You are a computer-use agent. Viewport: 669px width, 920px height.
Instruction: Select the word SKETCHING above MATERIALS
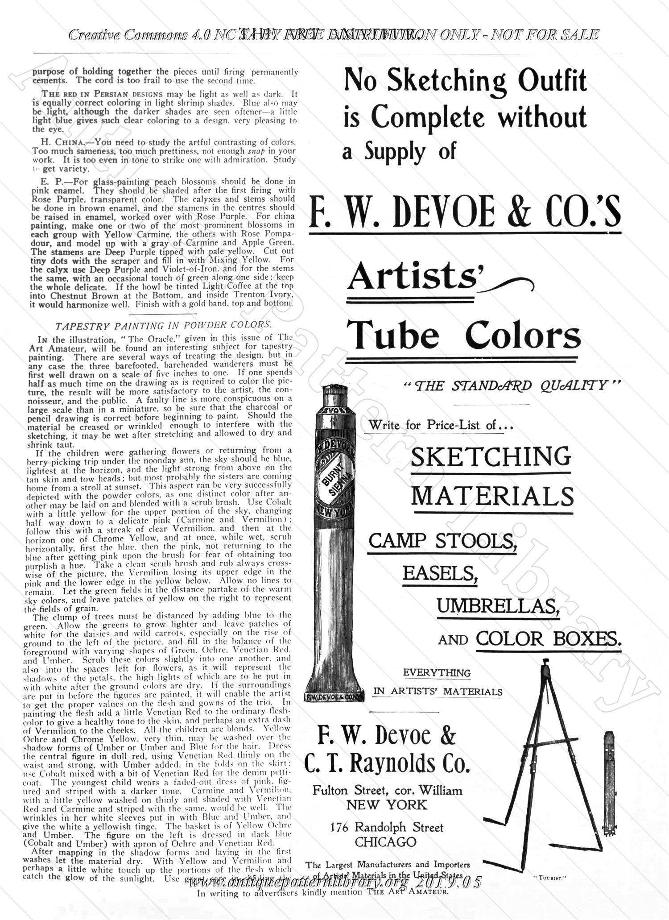point(491,457)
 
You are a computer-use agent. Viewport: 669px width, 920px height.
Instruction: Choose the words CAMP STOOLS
point(442,541)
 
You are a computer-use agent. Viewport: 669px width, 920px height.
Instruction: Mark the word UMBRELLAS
point(498,606)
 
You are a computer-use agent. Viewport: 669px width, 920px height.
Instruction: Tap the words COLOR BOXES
point(548,639)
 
